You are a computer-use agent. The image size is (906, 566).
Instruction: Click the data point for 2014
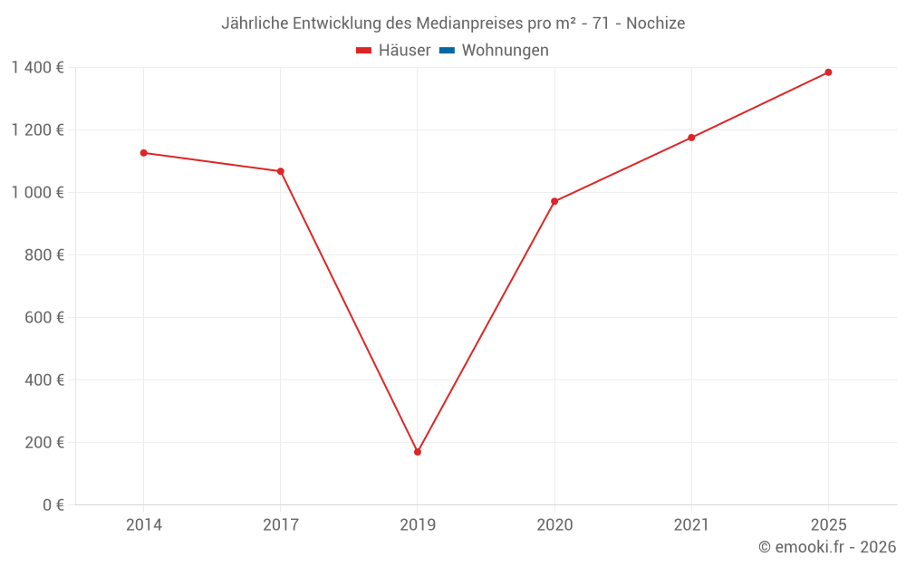coord(143,153)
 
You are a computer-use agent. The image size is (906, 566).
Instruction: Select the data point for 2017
coord(281,171)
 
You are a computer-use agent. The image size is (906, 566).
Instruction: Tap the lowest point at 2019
coord(418,452)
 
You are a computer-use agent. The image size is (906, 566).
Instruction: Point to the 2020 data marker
coord(554,201)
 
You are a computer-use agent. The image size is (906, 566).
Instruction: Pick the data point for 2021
coord(691,138)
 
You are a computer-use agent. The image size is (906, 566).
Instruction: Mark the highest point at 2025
coord(828,72)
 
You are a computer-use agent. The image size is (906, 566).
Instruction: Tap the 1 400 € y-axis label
coord(37,67)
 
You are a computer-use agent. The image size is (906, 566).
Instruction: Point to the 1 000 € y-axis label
coord(37,192)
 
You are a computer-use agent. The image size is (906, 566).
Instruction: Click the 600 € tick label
coord(44,317)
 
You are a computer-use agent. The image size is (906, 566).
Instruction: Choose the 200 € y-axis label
coord(44,442)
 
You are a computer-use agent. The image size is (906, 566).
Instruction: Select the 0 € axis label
coord(52,504)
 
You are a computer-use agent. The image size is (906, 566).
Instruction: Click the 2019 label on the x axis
coord(418,524)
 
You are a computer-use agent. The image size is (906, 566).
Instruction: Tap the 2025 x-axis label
coord(828,524)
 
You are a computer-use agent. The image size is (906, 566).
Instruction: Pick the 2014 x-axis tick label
coord(143,524)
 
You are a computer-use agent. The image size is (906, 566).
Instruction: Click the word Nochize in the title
coord(656,23)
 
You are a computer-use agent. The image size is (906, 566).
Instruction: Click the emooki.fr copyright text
coord(827,547)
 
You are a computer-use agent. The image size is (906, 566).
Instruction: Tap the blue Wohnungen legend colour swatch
coord(447,51)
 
